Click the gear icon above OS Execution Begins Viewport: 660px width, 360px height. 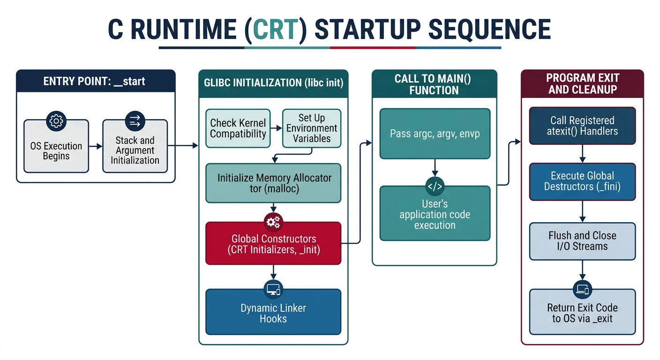click(x=56, y=121)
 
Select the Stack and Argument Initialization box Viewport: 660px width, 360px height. click(x=135, y=150)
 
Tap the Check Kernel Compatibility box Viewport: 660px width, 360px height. click(x=238, y=128)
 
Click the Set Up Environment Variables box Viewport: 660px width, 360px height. click(x=312, y=128)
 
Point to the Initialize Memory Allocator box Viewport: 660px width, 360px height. click(x=274, y=183)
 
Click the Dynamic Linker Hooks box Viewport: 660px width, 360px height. click(x=273, y=313)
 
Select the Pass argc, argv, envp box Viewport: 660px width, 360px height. click(x=435, y=134)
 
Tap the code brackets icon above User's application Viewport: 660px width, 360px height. click(x=435, y=187)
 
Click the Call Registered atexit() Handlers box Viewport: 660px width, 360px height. click(x=582, y=126)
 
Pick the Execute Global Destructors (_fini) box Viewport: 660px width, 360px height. click(x=582, y=181)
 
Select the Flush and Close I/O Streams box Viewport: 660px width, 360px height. click(x=582, y=241)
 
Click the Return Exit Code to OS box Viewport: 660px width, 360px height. click(x=582, y=313)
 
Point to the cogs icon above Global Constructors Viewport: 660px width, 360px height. click(x=273, y=222)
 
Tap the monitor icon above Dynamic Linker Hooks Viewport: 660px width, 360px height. click(x=273, y=289)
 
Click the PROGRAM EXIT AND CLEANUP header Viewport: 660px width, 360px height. click(x=582, y=83)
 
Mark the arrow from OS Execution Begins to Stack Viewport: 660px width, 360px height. click(x=96, y=146)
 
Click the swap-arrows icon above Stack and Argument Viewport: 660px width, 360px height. click(x=135, y=121)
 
